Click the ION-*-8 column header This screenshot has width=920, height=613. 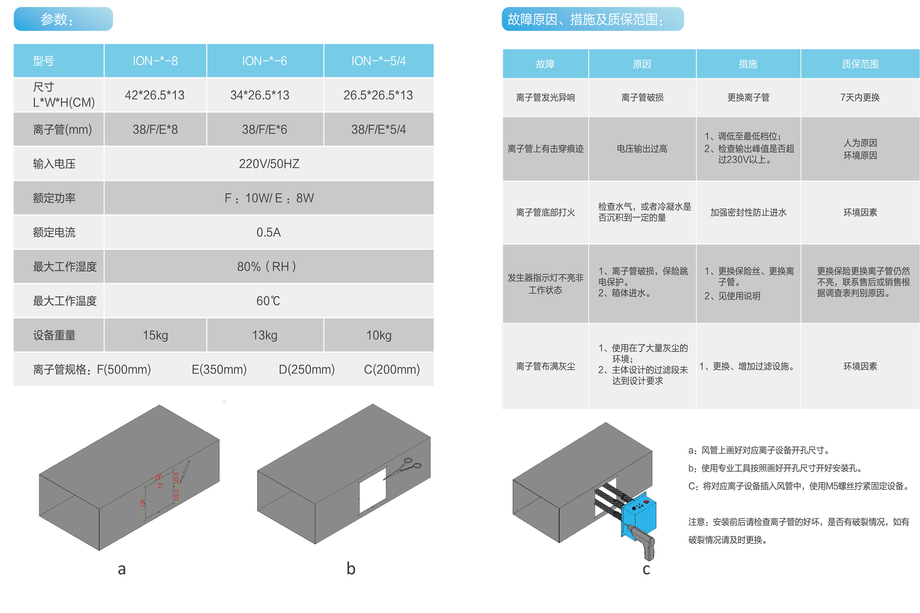coord(155,61)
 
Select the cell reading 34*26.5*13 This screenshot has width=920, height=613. coord(260,95)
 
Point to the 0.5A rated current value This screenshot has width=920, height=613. coord(268,232)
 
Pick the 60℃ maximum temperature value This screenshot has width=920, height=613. coord(268,301)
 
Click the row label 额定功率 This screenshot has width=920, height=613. coord(54,198)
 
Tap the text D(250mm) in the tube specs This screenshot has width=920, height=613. coord(306,369)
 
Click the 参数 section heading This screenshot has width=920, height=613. coord(57,19)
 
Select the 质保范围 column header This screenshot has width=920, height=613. coord(860,64)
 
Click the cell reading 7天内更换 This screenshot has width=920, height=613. coord(860,97)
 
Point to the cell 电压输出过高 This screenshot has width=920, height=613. coord(642,149)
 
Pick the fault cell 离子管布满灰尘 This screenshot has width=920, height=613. coord(545,366)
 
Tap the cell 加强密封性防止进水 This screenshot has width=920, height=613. coord(748,212)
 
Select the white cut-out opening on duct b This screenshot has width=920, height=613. coord(372,490)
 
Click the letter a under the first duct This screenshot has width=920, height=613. coord(122,569)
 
